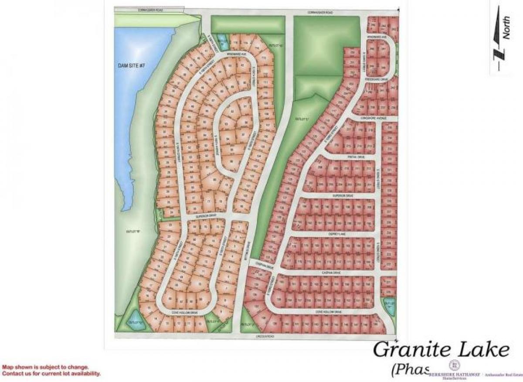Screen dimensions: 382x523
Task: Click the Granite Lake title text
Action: (x=441, y=350)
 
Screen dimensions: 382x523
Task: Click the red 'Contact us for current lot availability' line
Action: (x=51, y=374)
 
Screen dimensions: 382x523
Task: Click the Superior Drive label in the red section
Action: (x=342, y=196)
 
